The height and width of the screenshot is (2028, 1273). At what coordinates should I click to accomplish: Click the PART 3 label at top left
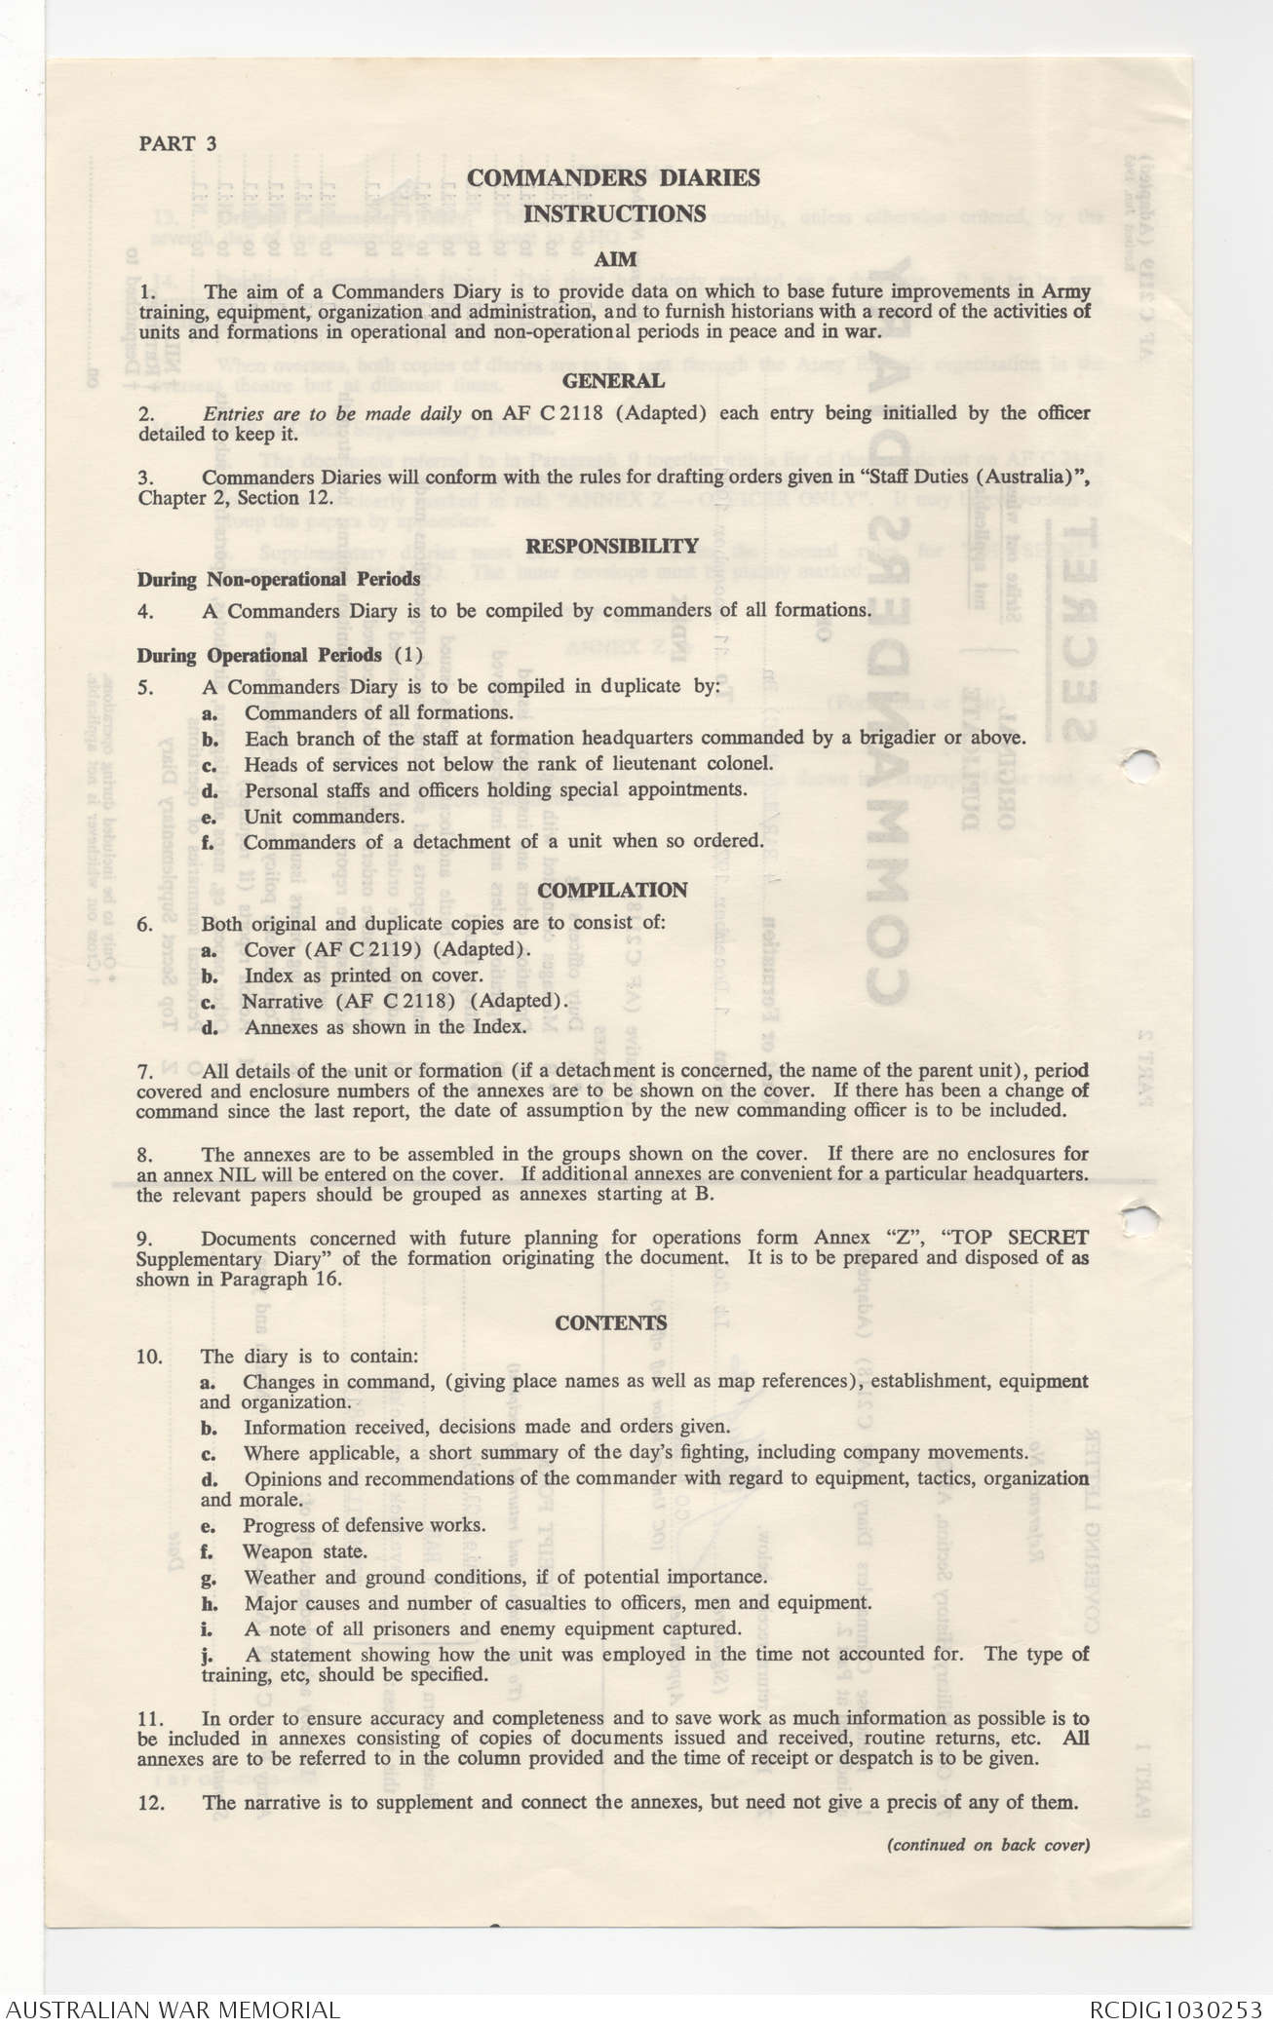click(x=177, y=143)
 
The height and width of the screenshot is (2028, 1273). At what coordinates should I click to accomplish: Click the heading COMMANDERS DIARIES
click(x=613, y=177)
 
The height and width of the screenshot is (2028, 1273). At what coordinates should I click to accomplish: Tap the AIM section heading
click(x=614, y=259)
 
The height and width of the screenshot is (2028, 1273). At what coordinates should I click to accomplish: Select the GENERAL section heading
click(x=614, y=381)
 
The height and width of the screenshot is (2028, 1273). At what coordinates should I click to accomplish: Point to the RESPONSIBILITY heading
click(x=612, y=546)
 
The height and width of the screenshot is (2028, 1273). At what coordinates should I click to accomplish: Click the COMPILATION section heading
click(x=612, y=890)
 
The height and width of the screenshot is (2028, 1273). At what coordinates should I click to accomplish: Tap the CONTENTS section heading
click(x=611, y=1322)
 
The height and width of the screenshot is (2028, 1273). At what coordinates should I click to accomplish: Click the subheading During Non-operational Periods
click(x=279, y=579)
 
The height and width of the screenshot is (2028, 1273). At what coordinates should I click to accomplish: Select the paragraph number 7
click(x=144, y=1071)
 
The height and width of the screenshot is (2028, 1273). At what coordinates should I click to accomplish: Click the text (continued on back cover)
click(x=986, y=1844)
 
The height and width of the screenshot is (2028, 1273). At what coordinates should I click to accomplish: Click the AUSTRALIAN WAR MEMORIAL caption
click(x=173, y=2009)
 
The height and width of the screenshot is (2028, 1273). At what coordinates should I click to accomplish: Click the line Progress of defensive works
click(x=364, y=1525)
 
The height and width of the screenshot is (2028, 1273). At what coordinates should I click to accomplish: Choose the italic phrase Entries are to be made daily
click(x=332, y=413)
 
